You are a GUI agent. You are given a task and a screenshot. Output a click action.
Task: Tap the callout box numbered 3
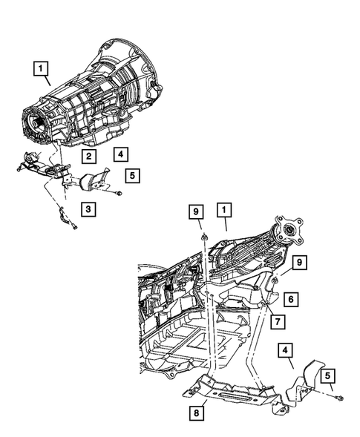tap(88, 209)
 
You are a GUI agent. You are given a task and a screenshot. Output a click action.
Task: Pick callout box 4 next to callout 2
tap(119, 154)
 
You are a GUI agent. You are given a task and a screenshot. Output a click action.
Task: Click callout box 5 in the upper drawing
tap(133, 176)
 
